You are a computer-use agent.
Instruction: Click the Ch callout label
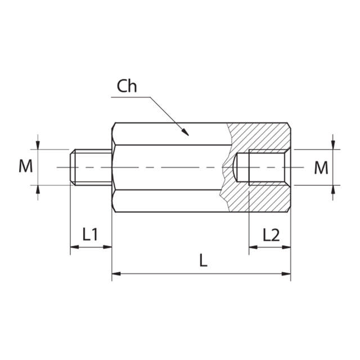click(127, 86)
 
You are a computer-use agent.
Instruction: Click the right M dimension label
click(321, 167)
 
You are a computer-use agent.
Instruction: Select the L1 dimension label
click(90, 234)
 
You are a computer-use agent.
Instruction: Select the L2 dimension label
click(271, 234)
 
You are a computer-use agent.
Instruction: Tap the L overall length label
click(203, 260)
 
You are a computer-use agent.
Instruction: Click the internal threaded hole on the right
click(264, 167)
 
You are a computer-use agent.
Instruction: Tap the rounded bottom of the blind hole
click(236, 167)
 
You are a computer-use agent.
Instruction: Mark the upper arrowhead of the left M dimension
click(38, 145)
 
